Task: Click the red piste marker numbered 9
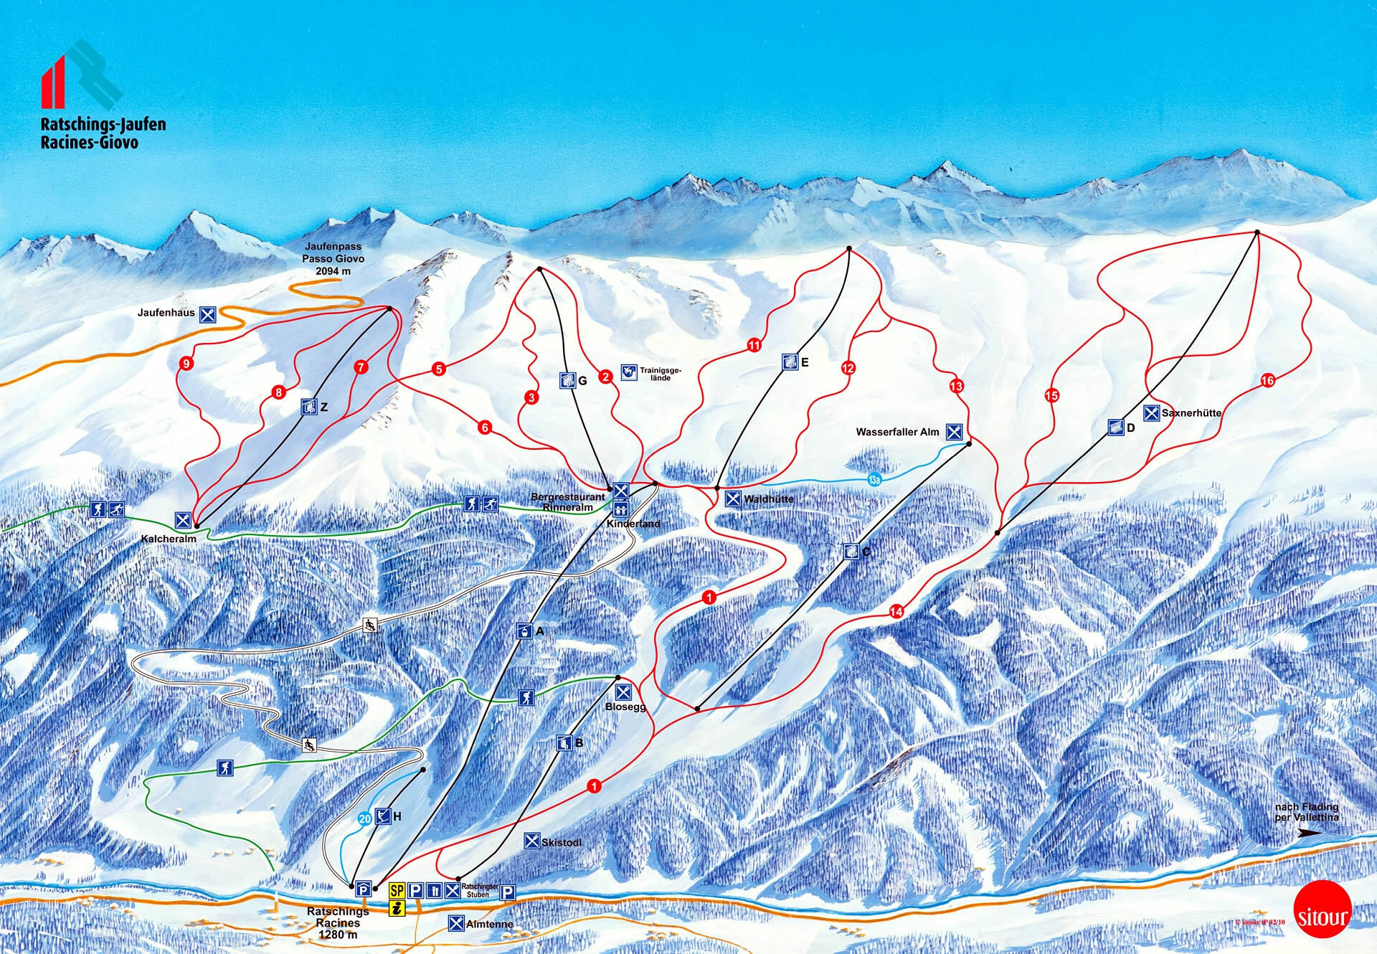186,364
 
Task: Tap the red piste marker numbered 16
1267,380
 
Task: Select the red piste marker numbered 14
896,611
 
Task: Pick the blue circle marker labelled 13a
874,480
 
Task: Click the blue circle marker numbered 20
364,819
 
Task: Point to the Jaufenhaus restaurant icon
207,313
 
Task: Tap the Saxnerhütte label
1191,413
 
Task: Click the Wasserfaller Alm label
897,432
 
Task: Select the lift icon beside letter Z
309,407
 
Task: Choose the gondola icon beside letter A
525,631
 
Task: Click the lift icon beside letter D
1115,428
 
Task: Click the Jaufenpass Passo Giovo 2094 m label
333,259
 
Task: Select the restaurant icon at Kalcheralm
183,520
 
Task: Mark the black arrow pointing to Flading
1310,833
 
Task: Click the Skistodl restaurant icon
531,841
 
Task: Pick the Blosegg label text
625,707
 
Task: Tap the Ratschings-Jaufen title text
103,125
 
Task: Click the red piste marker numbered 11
754,345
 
